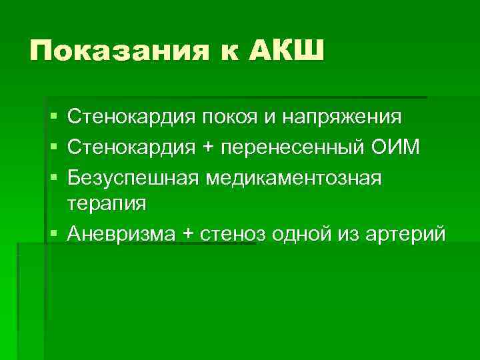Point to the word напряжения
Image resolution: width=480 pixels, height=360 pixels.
(342, 118)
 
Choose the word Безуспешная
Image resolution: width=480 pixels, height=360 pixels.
(133, 175)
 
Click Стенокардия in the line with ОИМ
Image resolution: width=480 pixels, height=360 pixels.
(131, 147)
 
